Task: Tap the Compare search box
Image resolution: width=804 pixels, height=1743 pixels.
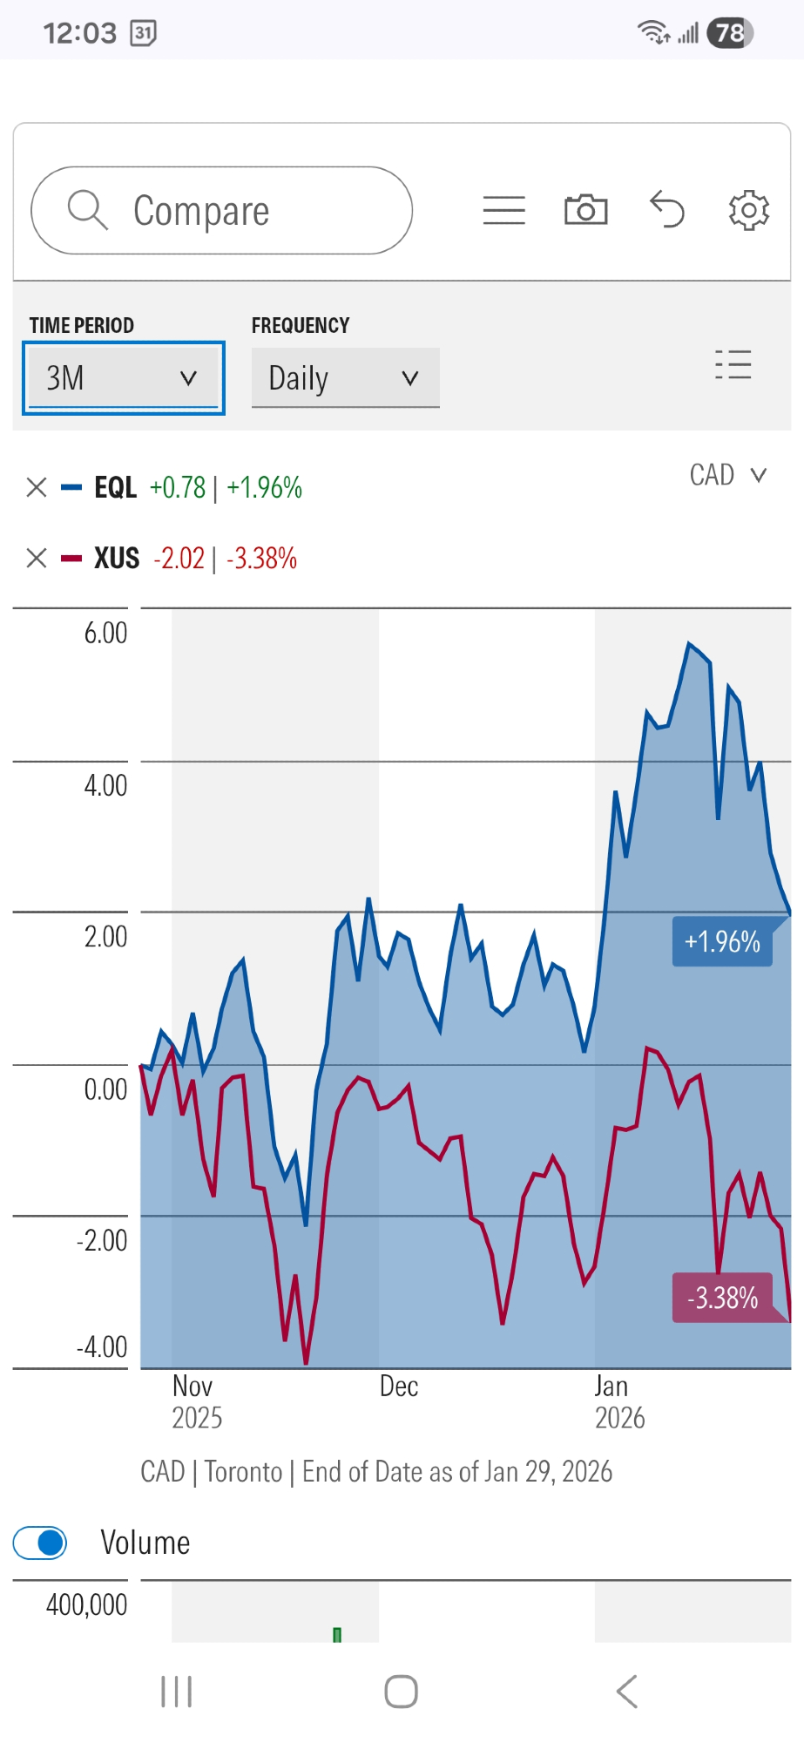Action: (x=221, y=211)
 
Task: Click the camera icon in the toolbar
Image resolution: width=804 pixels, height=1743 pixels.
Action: (x=585, y=210)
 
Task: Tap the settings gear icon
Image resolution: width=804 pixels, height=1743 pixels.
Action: (x=748, y=210)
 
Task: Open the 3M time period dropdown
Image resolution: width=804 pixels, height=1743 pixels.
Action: (x=123, y=378)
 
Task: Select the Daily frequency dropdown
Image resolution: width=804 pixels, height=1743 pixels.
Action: (x=345, y=378)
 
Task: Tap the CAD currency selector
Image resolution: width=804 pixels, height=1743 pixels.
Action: (x=727, y=475)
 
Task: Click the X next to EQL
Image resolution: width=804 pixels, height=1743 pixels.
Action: (x=37, y=487)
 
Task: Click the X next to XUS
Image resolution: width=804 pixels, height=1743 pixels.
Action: (x=37, y=558)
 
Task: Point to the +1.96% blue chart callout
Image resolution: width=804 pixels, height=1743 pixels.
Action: (x=722, y=942)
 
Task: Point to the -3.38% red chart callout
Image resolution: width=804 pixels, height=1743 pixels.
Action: (x=722, y=1299)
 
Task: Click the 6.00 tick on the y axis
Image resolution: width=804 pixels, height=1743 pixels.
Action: (x=105, y=633)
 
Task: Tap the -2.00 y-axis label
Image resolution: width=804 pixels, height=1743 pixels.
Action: (x=102, y=1240)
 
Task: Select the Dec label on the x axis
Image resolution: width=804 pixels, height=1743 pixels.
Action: (x=399, y=1387)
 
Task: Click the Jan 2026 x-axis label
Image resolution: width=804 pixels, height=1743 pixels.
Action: (x=619, y=1401)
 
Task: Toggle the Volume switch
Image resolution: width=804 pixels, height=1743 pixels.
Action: (x=40, y=1543)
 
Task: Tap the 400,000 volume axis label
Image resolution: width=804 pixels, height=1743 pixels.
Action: (x=86, y=1604)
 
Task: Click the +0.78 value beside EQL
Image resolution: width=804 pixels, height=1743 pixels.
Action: (x=178, y=487)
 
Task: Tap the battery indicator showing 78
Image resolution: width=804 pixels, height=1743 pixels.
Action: (x=730, y=33)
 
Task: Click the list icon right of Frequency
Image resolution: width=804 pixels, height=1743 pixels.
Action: (x=733, y=364)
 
